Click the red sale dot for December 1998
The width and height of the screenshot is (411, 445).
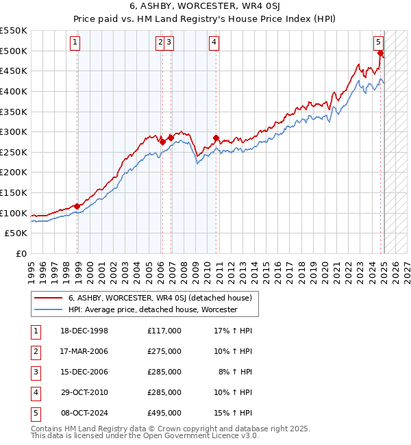(77, 206)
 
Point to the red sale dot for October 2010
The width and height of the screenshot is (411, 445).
(216, 138)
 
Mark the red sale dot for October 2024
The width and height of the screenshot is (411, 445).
(381, 53)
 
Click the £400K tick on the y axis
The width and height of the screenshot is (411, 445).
(14, 91)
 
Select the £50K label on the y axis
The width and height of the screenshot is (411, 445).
(17, 233)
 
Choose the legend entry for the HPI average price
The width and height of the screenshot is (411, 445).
(152, 309)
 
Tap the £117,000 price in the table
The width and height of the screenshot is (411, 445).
(164, 331)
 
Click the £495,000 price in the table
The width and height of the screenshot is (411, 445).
(164, 413)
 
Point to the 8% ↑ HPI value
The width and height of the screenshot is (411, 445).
(236, 372)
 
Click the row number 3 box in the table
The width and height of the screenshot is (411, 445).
(35, 372)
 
